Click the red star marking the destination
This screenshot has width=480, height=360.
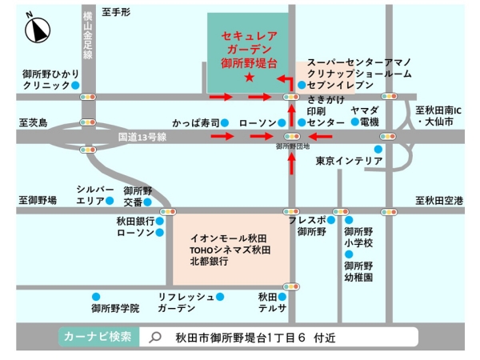click(249, 78)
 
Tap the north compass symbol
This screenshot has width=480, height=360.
click(37, 30)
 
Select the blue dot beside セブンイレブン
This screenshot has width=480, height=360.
click(301, 84)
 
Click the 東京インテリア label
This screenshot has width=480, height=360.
click(349, 161)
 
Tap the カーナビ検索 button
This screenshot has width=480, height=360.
click(100, 337)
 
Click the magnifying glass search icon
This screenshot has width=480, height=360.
click(156, 338)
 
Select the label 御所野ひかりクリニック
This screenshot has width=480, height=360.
click(46, 78)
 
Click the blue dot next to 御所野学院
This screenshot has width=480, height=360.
click(95, 295)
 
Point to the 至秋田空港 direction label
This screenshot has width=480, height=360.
click(440, 199)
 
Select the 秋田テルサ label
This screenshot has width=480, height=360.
click(270, 302)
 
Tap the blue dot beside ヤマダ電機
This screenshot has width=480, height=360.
click(354, 122)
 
